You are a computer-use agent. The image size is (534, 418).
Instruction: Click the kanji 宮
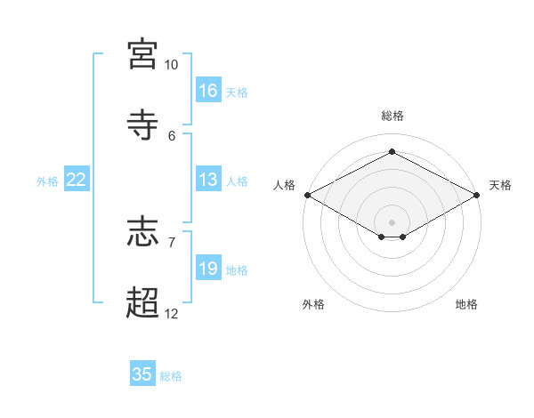tap(142, 53)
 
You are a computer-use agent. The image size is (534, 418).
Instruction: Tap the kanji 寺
tap(142, 125)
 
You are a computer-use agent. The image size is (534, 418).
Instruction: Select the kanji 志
tap(142, 232)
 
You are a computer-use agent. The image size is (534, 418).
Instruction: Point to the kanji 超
tap(142, 302)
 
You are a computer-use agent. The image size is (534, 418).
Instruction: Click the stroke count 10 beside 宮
tap(171, 65)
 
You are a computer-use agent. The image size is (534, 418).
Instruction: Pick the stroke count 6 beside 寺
tap(172, 136)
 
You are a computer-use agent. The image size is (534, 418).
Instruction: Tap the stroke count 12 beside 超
tap(171, 314)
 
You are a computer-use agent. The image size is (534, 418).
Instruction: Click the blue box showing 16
tap(208, 90)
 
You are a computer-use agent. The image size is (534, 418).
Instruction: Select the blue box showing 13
tap(208, 179)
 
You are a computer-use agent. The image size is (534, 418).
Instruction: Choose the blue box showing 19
tap(208, 267)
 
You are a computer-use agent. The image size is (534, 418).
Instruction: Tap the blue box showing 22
tap(77, 179)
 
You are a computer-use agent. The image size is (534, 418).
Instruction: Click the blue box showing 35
tap(142, 373)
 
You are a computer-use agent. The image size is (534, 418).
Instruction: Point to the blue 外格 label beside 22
tap(47, 181)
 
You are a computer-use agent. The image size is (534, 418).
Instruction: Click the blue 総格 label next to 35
tap(171, 376)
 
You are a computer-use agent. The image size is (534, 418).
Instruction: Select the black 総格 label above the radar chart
tap(392, 116)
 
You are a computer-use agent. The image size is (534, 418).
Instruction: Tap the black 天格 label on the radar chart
tap(500, 185)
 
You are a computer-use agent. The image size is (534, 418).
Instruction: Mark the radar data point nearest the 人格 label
tap(308, 195)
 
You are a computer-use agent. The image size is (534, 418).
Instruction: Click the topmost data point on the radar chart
tap(392, 151)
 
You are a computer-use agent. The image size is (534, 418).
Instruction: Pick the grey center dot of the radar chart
tap(392, 222)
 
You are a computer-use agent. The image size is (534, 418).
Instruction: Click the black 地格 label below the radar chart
tap(466, 304)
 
